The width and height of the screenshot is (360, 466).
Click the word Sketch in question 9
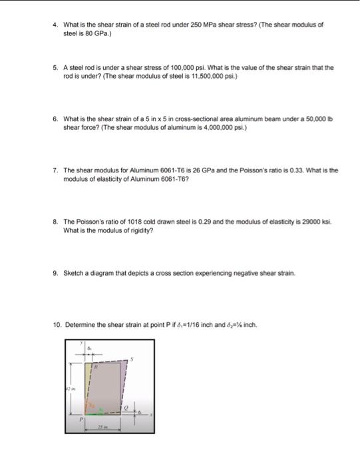[x=73, y=273]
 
